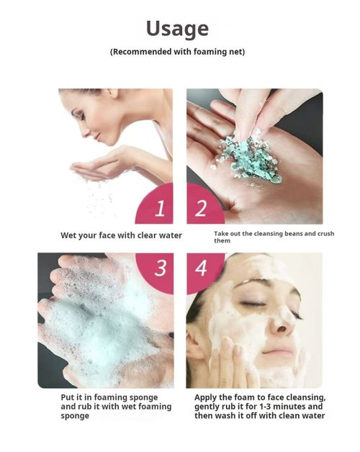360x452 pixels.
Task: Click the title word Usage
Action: pyautogui.click(x=177, y=28)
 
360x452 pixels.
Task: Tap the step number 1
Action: pyautogui.click(x=160, y=209)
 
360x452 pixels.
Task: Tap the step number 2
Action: pyautogui.click(x=201, y=209)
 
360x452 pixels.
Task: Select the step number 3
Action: pyautogui.click(x=160, y=268)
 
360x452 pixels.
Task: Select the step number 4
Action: pyautogui.click(x=201, y=268)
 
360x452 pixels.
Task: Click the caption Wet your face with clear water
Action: pyautogui.click(x=121, y=235)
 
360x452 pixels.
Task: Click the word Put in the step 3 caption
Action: pyautogui.click(x=68, y=397)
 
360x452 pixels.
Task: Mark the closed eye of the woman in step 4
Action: pyautogui.click(x=254, y=304)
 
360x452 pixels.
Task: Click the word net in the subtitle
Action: pyautogui.click(x=237, y=52)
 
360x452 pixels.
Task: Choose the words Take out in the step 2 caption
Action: pyautogui.click(x=228, y=234)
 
